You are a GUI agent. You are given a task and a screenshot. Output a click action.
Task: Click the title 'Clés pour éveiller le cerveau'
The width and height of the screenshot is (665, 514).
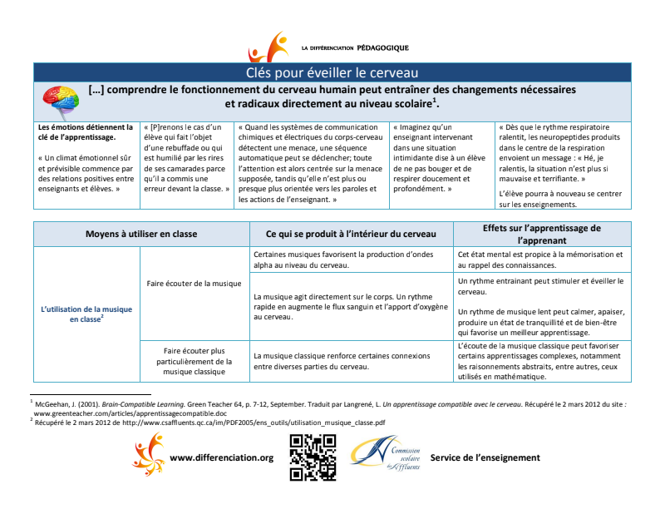(x=332, y=72)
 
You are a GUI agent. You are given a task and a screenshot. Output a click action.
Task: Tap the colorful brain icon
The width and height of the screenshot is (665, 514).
(x=59, y=102)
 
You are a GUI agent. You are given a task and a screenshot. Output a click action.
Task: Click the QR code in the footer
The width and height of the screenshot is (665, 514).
(x=313, y=457)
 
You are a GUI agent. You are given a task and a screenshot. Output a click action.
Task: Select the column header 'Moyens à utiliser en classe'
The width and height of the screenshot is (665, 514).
(x=141, y=234)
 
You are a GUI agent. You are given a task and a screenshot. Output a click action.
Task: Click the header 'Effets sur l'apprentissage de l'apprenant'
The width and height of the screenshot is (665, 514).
(x=542, y=234)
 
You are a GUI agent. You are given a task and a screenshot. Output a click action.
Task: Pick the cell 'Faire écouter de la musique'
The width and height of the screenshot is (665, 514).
(x=194, y=284)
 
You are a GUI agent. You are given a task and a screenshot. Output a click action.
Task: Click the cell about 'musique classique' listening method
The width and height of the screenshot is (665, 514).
(x=194, y=361)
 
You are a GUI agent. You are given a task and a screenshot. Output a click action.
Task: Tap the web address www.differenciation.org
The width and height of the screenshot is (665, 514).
(x=221, y=457)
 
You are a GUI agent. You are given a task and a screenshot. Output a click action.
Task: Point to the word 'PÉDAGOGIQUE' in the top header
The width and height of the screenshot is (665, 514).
(x=382, y=48)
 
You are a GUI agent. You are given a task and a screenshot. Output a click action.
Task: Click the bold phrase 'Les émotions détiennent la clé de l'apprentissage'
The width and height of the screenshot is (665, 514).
(x=86, y=132)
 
